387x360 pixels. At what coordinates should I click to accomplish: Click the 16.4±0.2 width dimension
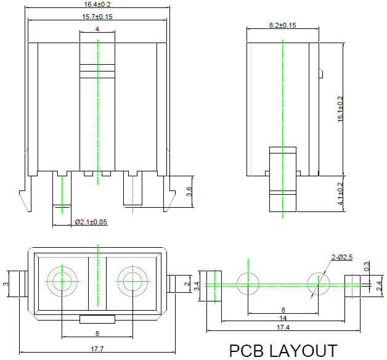97,4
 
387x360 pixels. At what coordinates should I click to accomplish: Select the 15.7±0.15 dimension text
97,17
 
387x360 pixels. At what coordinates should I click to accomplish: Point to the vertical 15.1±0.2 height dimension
340,109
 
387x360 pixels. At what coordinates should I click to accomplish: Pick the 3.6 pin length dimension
190,192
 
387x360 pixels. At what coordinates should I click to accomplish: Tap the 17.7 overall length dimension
97,349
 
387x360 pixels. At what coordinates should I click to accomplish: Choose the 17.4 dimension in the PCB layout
283,327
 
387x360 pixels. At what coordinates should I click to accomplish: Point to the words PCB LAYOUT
283,351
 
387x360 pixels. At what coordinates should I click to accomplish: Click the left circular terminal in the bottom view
62,282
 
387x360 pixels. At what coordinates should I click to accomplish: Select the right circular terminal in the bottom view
132,282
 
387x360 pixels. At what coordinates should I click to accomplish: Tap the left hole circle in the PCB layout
248,284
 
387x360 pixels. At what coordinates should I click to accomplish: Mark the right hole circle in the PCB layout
319,284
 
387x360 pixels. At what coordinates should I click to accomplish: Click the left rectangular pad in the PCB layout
213,284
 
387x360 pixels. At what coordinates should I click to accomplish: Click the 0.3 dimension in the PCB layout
367,267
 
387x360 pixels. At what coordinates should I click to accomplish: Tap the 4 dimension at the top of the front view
97,29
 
